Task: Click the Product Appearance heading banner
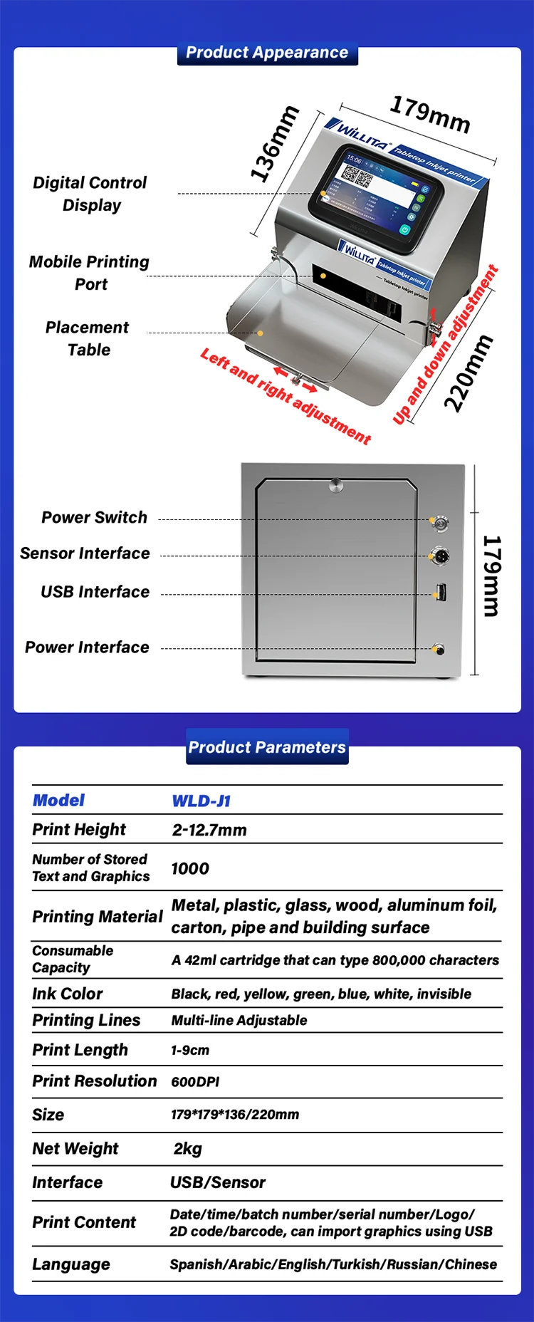(267, 53)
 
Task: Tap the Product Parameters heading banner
(267, 747)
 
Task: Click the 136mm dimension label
(274, 143)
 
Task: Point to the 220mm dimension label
(468, 373)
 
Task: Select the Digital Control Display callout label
(90, 194)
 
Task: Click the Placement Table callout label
(88, 338)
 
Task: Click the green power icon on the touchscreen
(404, 229)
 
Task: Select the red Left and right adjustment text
(286, 396)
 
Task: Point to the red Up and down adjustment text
(446, 345)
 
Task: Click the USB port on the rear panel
(441, 592)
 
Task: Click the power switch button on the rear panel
(440, 524)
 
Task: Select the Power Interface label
(88, 647)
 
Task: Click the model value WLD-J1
(201, 801)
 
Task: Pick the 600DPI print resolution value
(195, 1082)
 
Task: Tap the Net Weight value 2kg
(188, 1149)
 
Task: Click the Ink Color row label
(68, 994)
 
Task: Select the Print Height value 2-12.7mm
(209, 831)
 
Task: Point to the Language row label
(71, 1264)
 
